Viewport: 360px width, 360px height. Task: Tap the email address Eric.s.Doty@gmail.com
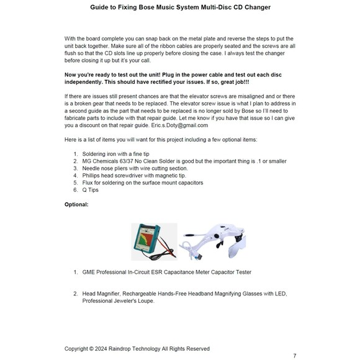click(179, 125)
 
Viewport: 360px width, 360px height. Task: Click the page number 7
click(295, 356)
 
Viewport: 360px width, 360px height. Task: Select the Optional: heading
click(76, 204)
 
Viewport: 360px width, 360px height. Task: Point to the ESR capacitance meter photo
click(155, 241)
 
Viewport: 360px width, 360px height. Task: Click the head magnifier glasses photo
click(212, 241)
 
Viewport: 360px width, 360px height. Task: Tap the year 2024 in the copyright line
click(101, 349)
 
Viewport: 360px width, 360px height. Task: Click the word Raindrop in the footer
click(119, 349)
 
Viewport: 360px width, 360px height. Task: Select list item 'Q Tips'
click(91, 190)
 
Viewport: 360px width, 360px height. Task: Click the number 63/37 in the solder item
click(126, 161)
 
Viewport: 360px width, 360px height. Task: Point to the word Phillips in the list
click(92, 176)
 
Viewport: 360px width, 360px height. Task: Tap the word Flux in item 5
click(88, 182)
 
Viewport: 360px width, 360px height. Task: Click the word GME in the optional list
click(88, 272)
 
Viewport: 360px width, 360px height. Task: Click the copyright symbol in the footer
click(91, 349)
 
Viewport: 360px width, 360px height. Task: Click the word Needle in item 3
click(90, 168)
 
